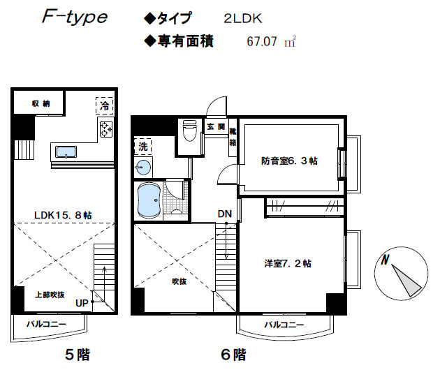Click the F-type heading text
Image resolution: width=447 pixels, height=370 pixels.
75,17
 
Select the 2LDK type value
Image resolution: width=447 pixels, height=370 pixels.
242,19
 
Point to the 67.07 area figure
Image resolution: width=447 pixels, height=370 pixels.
261,42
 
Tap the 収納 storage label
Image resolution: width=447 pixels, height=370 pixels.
41,103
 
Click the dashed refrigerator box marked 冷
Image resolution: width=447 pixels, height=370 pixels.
105,105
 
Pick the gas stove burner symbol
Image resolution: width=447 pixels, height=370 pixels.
106,128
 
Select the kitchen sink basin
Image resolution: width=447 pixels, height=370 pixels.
66,152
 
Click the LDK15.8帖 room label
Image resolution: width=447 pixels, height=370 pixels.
63,215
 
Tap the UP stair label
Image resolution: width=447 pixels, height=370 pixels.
82,303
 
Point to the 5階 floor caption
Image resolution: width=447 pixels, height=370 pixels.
78,355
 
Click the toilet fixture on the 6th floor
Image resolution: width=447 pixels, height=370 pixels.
189,131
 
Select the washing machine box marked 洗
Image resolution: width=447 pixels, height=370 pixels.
142,147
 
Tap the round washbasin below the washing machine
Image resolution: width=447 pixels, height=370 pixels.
143,168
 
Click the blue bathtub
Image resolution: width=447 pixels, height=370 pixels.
149,200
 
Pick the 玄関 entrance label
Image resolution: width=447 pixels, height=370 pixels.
216,126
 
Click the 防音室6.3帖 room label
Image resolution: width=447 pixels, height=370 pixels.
289,161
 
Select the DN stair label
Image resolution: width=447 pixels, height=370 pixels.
225,214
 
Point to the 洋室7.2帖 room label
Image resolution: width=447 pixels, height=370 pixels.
287,263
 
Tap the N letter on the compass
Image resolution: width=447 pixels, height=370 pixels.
385,260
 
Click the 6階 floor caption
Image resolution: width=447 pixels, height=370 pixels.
233,355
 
